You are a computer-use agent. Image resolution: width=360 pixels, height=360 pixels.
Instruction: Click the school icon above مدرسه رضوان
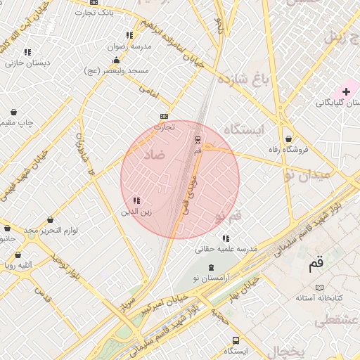(x=129, y=35)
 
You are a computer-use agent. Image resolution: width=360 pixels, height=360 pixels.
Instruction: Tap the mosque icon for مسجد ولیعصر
(x=116, y=60)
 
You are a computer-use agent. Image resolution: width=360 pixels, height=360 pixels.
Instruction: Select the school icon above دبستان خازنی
(x=27, y=51)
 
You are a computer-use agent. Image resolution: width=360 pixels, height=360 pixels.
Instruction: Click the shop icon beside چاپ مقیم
(x=14, y=112)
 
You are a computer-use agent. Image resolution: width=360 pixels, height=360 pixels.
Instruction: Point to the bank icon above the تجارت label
(x=165, y=116)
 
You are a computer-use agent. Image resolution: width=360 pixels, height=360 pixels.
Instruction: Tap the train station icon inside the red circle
(x=198, y=139)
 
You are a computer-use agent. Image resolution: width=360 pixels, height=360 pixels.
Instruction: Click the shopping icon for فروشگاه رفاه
(x=288, y=139)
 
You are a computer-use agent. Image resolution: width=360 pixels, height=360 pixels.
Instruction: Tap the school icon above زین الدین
(x=136, y=201)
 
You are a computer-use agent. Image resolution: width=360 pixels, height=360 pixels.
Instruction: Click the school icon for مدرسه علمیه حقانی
(x=225, y=238)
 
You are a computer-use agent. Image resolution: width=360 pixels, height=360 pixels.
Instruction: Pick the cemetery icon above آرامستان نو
(x=212, y=268)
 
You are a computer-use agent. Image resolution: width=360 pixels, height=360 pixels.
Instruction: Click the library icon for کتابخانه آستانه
(x=321, y=287)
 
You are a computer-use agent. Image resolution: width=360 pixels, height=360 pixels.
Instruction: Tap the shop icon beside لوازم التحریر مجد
(x=49, y=220)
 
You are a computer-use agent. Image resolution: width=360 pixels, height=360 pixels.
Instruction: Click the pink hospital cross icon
(x=346, y=91)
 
